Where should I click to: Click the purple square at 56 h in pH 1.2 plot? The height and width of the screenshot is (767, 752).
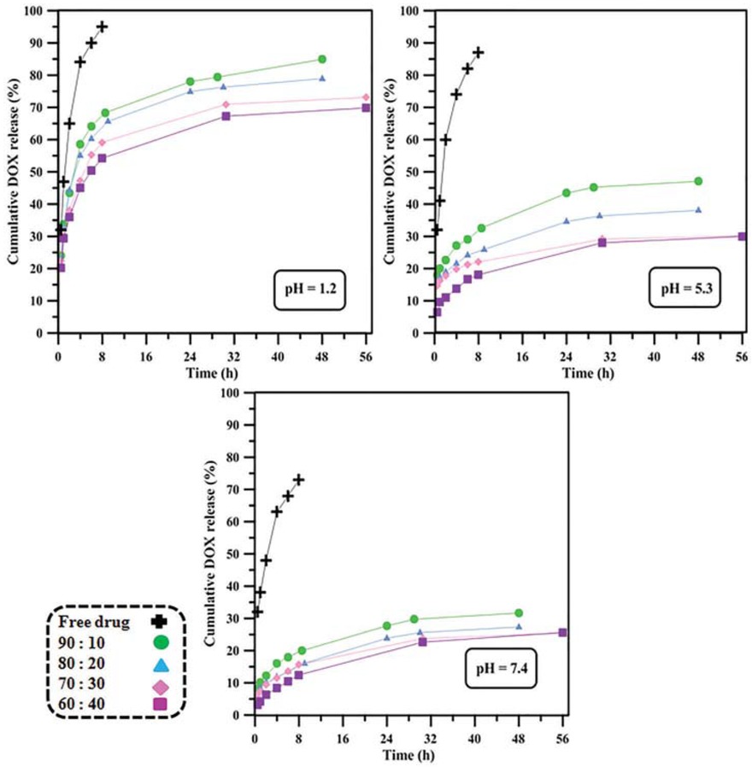[366, 108]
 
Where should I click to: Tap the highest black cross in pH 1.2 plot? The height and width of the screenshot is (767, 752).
[102, 26]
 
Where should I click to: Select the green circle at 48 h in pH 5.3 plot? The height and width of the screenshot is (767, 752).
[698, 181]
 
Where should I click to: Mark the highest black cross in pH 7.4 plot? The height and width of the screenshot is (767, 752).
[298, 480]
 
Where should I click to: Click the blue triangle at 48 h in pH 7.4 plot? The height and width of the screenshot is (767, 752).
[519, 627]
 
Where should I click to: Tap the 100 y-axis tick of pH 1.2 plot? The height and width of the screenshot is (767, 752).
[39, 11]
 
